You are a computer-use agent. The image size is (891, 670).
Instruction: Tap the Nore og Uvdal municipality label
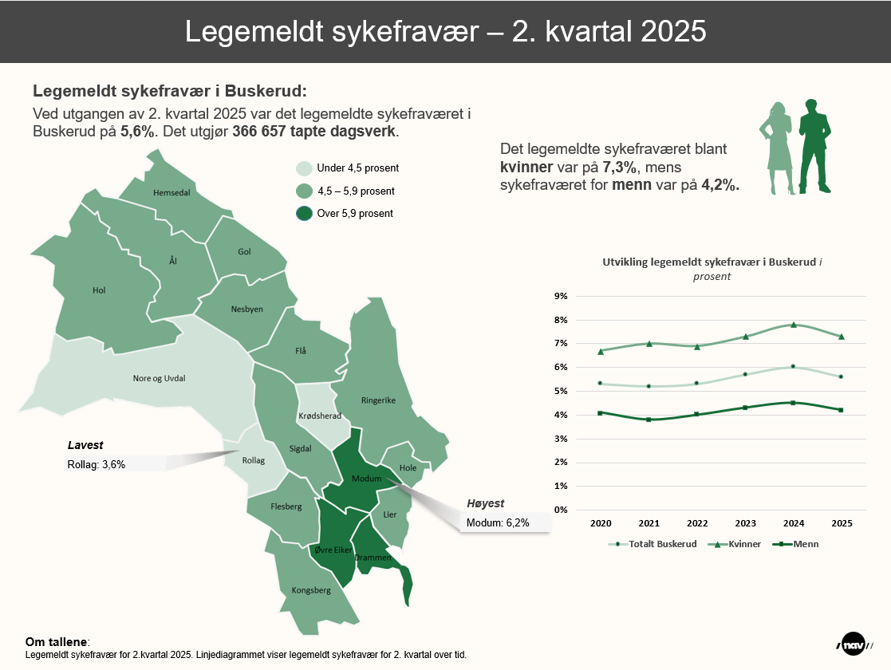point(159,378)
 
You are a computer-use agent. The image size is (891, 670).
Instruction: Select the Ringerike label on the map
point(378,400)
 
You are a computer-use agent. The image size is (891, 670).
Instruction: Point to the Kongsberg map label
point(311,590)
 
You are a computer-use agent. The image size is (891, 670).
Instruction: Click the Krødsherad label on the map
point(319,416)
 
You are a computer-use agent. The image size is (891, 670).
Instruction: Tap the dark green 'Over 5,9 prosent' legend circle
point(304,214)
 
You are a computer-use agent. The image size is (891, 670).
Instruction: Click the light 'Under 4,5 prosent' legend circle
point(304,168)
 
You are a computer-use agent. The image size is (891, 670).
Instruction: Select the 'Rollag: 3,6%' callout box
point(115,463)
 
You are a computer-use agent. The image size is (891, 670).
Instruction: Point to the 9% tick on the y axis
point(561,296)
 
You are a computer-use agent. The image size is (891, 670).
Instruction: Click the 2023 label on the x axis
point(745,523)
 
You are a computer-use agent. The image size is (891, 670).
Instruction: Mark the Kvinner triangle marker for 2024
point(793,325)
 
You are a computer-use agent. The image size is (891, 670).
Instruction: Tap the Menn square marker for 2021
point(649,420)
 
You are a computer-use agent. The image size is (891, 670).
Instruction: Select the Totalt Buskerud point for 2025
point(841,376)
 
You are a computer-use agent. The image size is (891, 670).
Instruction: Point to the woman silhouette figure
point(779,148)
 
